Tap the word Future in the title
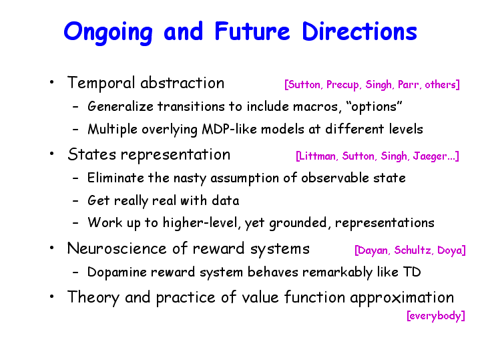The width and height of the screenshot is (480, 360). tap(252, 31)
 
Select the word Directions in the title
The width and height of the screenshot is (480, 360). tap(359, 31)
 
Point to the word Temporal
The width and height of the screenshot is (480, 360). tap(101, 83)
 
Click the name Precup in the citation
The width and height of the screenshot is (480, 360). tap(342, 85)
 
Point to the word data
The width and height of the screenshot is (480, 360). tap(225, 200)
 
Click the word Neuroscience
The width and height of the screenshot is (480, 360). tap(117, 248)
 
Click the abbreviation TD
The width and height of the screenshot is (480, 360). tap(412, 272)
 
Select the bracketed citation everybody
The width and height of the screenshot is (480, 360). tap(436, 316)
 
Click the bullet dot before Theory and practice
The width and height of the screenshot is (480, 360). tap(52, 297)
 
